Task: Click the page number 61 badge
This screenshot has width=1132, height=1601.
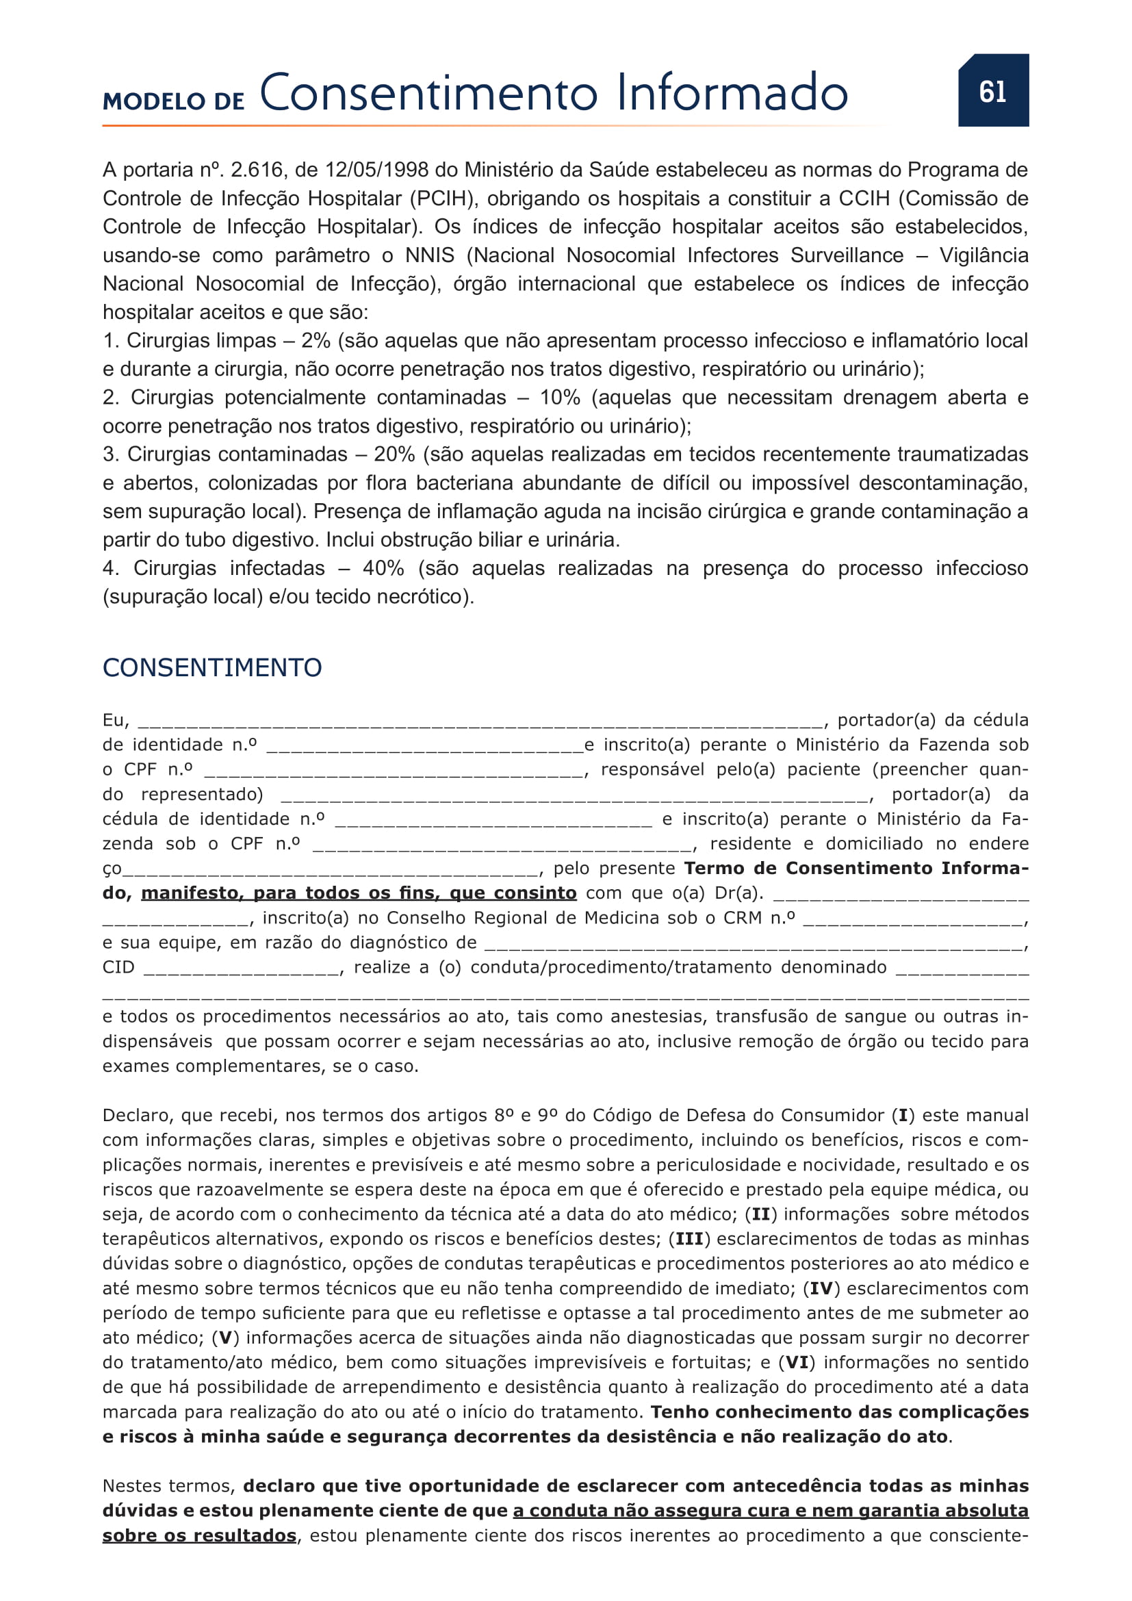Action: point(992,90)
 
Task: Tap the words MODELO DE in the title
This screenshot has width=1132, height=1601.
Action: point(174,102)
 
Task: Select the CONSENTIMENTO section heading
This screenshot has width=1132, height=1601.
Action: point(212,667)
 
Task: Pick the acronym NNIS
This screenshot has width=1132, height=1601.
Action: point(429,255)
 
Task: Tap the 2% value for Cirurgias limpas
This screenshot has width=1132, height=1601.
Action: point(316,341)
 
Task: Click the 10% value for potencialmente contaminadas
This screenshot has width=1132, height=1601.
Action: point(560,398)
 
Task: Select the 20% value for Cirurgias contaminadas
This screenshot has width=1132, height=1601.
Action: point(394,454)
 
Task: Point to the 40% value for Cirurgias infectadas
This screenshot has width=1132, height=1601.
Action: point(383,568)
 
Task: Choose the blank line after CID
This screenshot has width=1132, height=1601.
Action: point(241,969)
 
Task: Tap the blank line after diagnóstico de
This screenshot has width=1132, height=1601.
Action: point(753,945)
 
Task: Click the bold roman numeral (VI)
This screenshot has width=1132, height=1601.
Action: point(796,1363)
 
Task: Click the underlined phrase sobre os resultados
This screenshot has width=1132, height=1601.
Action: point(199,1535)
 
